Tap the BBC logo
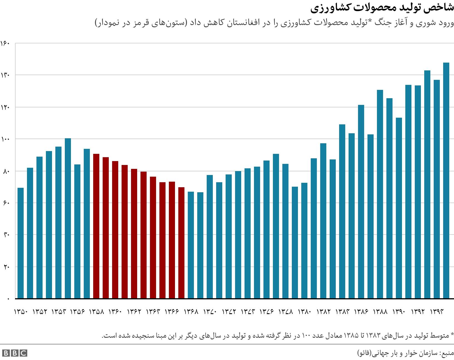click(x=14, y=353)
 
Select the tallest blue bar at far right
click(x=446, y=181)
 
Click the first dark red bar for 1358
click(x=96, y=226)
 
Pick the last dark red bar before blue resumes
click(x=181, y=243)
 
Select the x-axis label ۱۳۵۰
click(x=21, y=312)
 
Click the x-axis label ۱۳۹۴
click(x=437, y=312)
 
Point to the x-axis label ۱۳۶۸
click(x=191, y=312)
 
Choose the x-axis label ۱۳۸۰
click(x=305, y=312)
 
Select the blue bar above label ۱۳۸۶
click(x=361, y=202)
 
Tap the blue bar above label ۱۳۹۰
click(x=399, y=208)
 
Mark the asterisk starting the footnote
click(x=452, y=335)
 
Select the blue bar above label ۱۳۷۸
click(x=285, y=231)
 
